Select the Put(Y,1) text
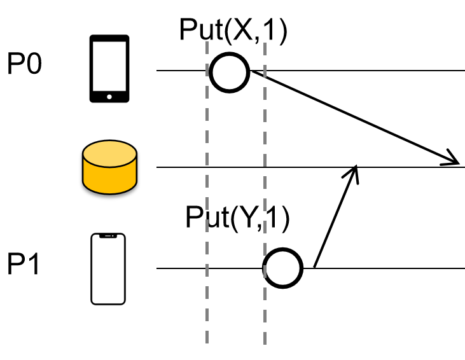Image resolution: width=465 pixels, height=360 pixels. [x=237, y=219]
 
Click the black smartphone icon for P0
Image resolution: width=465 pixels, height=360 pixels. [x=109, y=69]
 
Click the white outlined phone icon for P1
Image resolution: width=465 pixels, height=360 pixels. [x=108, y=269]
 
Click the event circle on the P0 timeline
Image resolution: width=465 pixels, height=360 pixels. [x=230, y=72]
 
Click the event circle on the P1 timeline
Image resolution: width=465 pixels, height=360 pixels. [x=284, y=268]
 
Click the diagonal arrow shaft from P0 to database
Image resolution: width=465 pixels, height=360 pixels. [x=350, y=115]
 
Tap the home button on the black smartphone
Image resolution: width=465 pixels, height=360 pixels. [x=109, y=97]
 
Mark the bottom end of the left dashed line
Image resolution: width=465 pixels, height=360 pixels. [x=207, y=342]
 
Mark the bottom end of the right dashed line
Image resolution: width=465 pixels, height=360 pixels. [x=265, y=342]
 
